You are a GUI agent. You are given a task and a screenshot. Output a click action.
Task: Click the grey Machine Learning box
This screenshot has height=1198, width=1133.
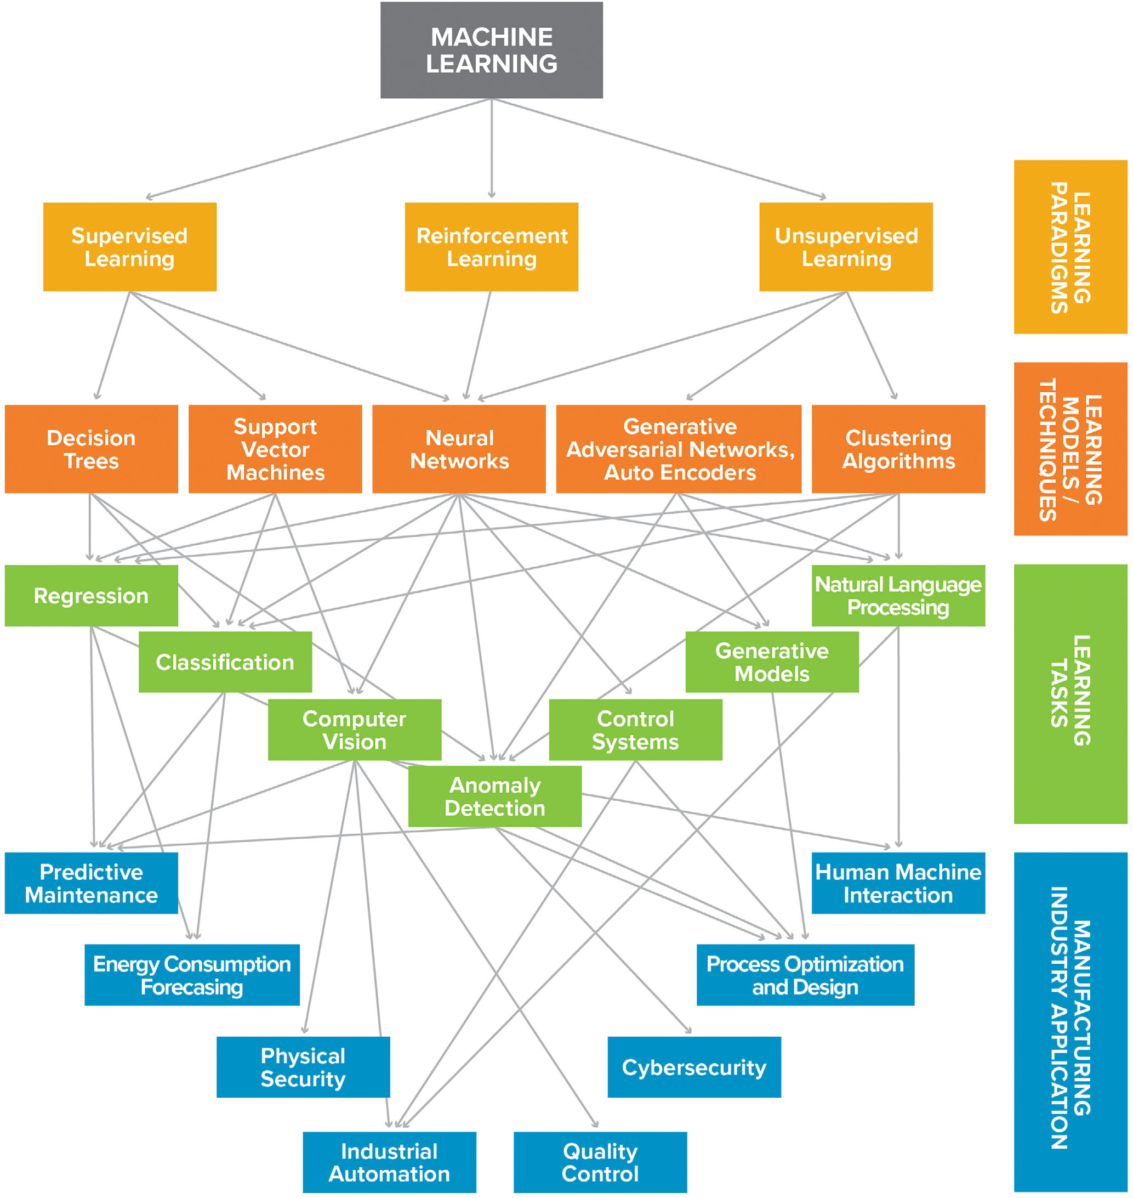(492, 50)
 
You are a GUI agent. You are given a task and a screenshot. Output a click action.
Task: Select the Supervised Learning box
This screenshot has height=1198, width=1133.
(130, 247)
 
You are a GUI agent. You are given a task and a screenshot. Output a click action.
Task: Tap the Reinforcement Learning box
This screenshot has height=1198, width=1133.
(492, 247)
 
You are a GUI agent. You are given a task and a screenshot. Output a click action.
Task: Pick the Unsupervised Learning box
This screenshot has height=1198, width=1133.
(846, 247)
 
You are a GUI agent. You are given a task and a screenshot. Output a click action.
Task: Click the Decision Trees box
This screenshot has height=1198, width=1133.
(91, 449)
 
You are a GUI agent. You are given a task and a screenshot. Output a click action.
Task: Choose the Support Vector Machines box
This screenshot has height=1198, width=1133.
(275, 449)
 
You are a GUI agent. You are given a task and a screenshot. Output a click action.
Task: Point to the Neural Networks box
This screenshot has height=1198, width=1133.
(459, 449)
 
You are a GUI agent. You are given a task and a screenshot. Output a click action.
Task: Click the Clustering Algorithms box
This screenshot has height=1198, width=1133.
(898, 449)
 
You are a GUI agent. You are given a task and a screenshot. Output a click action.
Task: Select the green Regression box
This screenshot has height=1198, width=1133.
(91, 596)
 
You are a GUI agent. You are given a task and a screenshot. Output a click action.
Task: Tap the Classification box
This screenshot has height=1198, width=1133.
(225, 662)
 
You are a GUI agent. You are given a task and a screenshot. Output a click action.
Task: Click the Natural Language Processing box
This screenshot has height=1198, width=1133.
(898, 596)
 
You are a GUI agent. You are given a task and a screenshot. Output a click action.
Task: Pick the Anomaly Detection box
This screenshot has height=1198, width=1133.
(495, 796)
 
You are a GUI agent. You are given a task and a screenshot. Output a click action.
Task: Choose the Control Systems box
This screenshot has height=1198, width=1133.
(635, 730)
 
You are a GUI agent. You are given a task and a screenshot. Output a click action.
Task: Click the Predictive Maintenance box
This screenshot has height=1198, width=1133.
(91, 883)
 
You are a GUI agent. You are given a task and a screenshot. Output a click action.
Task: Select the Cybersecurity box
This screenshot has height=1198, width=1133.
(694, 1067)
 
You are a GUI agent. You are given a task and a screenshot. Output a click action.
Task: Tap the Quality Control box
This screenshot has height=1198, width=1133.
(600, 1162)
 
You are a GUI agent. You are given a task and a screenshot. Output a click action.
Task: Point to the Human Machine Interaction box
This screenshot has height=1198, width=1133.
(898, 883)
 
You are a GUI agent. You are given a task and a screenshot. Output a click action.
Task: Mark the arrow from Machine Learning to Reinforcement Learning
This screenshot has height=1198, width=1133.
(492, 148)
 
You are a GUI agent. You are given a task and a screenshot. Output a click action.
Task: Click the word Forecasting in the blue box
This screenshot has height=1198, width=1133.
(192, 987)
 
